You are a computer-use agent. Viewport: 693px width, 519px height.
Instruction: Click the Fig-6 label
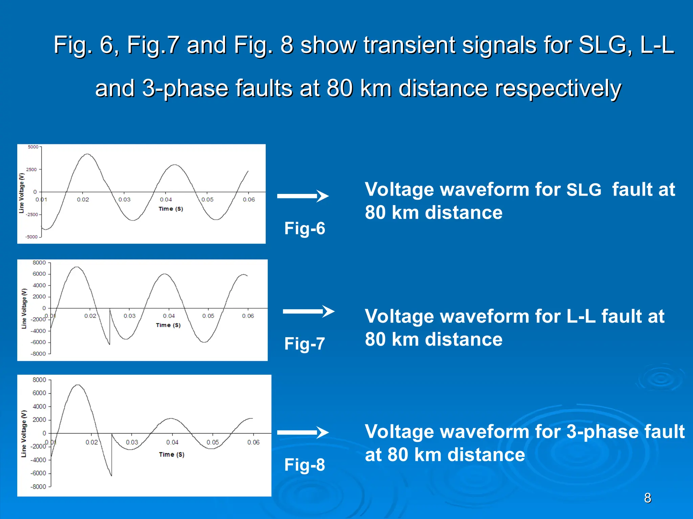pyautogui.click(x=305, y=228)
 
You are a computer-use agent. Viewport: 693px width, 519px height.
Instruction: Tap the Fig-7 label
pyautogui.click(x=305, y=344)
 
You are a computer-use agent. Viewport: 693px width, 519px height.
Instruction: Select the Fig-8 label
pyautogui.click(x=305, y=465)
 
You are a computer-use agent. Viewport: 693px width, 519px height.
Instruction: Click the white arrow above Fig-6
pyautogui.click(x=303, y=196)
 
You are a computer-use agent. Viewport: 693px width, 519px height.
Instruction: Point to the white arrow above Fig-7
pyautogui.click(x=309, y=311)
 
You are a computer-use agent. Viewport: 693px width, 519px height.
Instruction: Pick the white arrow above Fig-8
pyautogui.click(x=303, y=432)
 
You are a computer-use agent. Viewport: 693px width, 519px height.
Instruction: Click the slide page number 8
pyautogui.click(x=648, y=498)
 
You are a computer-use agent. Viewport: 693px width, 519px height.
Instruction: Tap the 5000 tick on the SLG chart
pyautogui.click(x=33, y=147)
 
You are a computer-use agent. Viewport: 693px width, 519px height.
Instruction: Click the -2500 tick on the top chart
pyautogui.click(x=32, y=215)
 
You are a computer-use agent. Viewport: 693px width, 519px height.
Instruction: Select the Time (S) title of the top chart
pyautogui.click(x=171, y=209)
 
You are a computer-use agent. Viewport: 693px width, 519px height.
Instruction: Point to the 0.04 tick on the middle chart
pyautogui.click(x=169, y=316)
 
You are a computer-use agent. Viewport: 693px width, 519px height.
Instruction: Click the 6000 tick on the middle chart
pyautogui.click(x=39, y=274)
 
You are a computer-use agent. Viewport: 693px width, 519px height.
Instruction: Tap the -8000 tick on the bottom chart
pyautogui.click(x=38, y=487)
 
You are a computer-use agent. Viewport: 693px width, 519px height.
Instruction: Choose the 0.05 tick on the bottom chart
pyautogui.click(x=213, y=442)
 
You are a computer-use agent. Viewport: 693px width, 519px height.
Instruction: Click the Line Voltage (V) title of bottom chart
pyautogui.click(x=24, y=434)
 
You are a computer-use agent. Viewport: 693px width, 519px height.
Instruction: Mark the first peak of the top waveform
pyautogui.click(x=87, y=154)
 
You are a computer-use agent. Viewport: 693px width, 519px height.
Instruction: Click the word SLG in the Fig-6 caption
pyautogui.click(x=584, y=190)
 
